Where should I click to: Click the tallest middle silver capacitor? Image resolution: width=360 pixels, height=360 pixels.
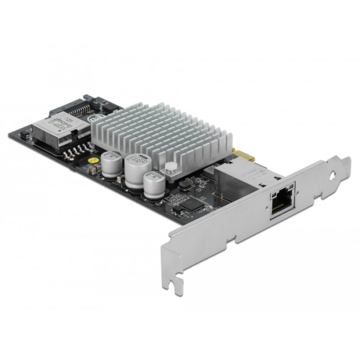click(x=134, y=168)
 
